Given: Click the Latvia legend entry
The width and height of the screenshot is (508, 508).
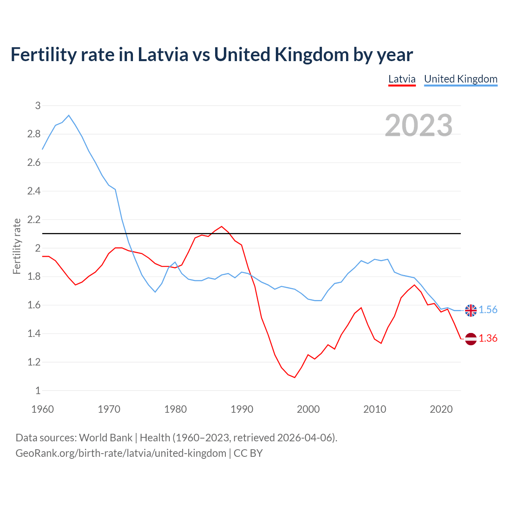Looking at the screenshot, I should coord(402,79).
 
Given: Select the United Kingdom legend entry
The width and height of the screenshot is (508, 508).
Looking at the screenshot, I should coord(460,79).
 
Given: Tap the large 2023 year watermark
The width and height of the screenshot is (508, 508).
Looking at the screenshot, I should coord(418,125).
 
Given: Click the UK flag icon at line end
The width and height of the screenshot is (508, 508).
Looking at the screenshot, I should coord(471,310).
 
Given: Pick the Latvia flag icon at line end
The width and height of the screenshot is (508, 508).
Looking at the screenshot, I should coord(471,339).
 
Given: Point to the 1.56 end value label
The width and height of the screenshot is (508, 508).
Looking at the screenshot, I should coord(488,310).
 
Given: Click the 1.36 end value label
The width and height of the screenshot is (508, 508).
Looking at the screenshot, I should coord(488,339).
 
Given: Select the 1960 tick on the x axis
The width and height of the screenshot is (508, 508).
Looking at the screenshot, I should coord(42,409).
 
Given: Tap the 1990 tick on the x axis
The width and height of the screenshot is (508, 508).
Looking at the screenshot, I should coord(242,409).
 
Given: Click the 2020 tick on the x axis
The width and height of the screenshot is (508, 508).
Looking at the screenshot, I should coord(441,409).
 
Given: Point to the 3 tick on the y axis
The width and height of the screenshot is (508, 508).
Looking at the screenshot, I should coord(38,106).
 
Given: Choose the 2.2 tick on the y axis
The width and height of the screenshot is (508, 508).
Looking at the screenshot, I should coord(34,219).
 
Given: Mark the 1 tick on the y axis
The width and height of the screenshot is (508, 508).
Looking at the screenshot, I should coord(38,391).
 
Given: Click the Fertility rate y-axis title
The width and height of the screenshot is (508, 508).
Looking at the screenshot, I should coord(17,246).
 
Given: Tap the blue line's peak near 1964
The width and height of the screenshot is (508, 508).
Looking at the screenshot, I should coord(69,115).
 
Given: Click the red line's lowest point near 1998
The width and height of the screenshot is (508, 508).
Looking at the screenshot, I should coord(294,377).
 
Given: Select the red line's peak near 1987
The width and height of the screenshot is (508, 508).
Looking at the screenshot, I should coord(221,227).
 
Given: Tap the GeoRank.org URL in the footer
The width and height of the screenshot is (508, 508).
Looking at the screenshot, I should coord(121,453).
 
